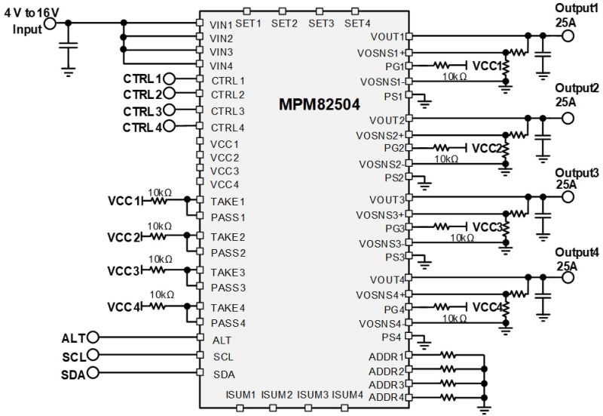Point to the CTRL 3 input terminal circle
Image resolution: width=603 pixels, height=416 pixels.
coord(170,111)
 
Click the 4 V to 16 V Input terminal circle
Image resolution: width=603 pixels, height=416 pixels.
coord(51,23)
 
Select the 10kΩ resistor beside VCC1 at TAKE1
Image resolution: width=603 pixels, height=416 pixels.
coord(160,201)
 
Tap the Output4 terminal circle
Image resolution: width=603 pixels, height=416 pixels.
coord(568,279)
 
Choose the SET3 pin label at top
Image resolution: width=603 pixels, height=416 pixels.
coord(321,23)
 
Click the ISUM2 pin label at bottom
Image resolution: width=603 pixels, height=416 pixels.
coord(278,394)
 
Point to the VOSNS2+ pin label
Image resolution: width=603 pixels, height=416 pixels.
coord(383,134)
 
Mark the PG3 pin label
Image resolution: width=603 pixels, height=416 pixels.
coord(394,227)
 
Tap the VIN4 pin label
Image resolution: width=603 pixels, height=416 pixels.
coord(221,66)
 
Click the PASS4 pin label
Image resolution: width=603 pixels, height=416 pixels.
coord(228,322)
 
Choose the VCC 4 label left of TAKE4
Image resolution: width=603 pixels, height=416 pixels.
coord(124,307)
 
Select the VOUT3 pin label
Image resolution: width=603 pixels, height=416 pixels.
coord(388,199)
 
